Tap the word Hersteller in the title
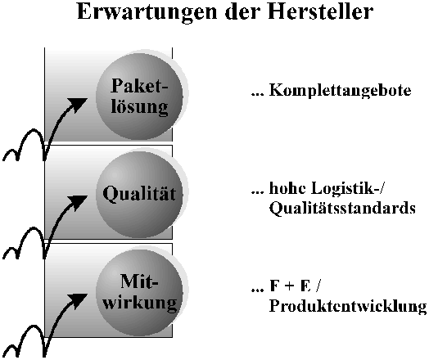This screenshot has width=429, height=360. (x=320, y=11)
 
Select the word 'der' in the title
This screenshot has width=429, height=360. (x=242, y=11)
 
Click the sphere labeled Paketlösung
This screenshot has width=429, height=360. (x=139, y=96)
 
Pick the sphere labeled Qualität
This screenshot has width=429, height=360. (x=139, y=194)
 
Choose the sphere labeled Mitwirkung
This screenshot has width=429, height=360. (x=139, y=292)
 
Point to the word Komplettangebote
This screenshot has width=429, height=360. (x=340, y=91)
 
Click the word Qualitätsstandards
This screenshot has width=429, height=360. (x=342, y=208)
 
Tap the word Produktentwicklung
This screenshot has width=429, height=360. (x=348, y=306)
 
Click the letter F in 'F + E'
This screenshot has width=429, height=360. (x=275, y=286)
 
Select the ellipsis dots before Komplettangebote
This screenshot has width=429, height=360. (x=257, y=94)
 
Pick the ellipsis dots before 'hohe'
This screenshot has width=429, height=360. (x=257, y=192)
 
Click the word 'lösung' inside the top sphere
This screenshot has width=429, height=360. (x=139, y=107)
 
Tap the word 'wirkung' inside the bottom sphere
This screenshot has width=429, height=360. (x=140, y=304)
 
